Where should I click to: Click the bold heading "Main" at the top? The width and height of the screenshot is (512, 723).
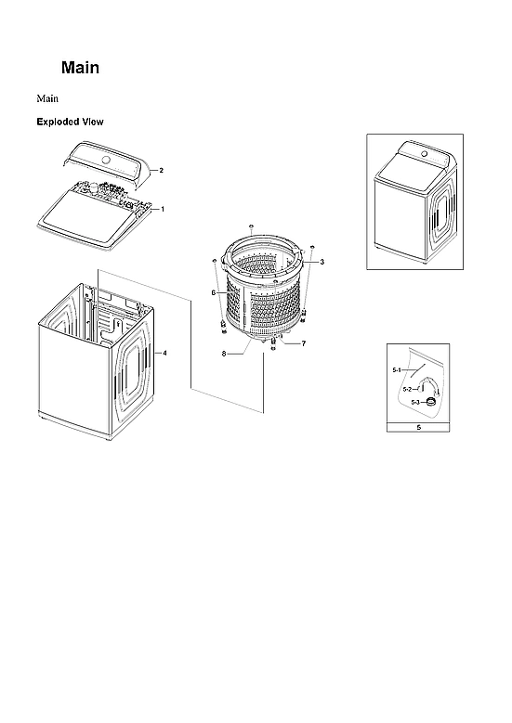click(80, 69)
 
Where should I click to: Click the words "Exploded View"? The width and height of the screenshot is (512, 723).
click(70, 122)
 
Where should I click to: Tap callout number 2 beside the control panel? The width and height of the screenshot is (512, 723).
click(162, 171)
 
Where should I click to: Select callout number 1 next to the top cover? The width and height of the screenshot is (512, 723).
click(163, 209)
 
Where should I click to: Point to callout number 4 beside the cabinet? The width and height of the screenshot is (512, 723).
click(164, 353)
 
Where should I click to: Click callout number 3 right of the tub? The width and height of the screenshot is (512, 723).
click(322, 264)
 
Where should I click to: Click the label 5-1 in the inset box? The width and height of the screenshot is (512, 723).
click(397, 369)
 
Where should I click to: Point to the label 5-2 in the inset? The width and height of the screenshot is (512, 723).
click(407, 389)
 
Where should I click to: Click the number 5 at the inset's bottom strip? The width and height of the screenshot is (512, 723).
click(418, 429)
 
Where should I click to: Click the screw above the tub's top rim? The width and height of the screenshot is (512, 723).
click(252, 226)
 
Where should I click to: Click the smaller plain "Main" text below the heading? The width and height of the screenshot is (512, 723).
click(48, 97)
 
